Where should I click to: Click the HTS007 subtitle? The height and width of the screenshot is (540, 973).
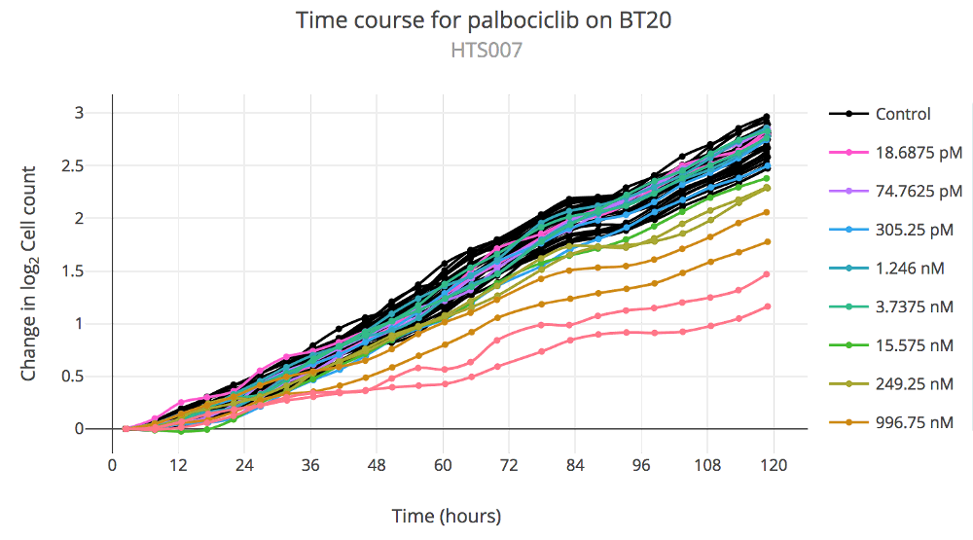486,50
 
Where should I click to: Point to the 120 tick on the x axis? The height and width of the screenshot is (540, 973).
774,465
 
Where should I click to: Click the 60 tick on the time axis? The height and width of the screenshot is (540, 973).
444,465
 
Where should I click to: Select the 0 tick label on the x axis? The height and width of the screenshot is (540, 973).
113,465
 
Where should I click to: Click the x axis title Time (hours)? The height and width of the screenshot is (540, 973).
446,515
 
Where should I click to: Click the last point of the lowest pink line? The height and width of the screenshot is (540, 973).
768,306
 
